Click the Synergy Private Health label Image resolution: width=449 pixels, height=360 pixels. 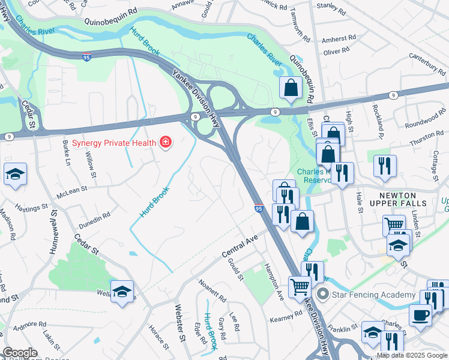pyautogui.click(x=115, y=143)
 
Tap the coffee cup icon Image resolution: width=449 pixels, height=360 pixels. pyautogui.click(x=420, y=315)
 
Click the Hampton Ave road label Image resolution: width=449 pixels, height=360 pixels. pyautogui.click(x=274, y=282)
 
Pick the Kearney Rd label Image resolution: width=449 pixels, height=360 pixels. pyautogui.click(x=285, y=317)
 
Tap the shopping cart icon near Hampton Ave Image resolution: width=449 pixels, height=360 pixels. pyautogui.click(x=300, y=286)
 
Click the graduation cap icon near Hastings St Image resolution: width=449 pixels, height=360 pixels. pyautogui.click(x=15, y=175)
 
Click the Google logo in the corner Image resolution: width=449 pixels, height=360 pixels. pyautogui.click(x=19, y=352)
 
